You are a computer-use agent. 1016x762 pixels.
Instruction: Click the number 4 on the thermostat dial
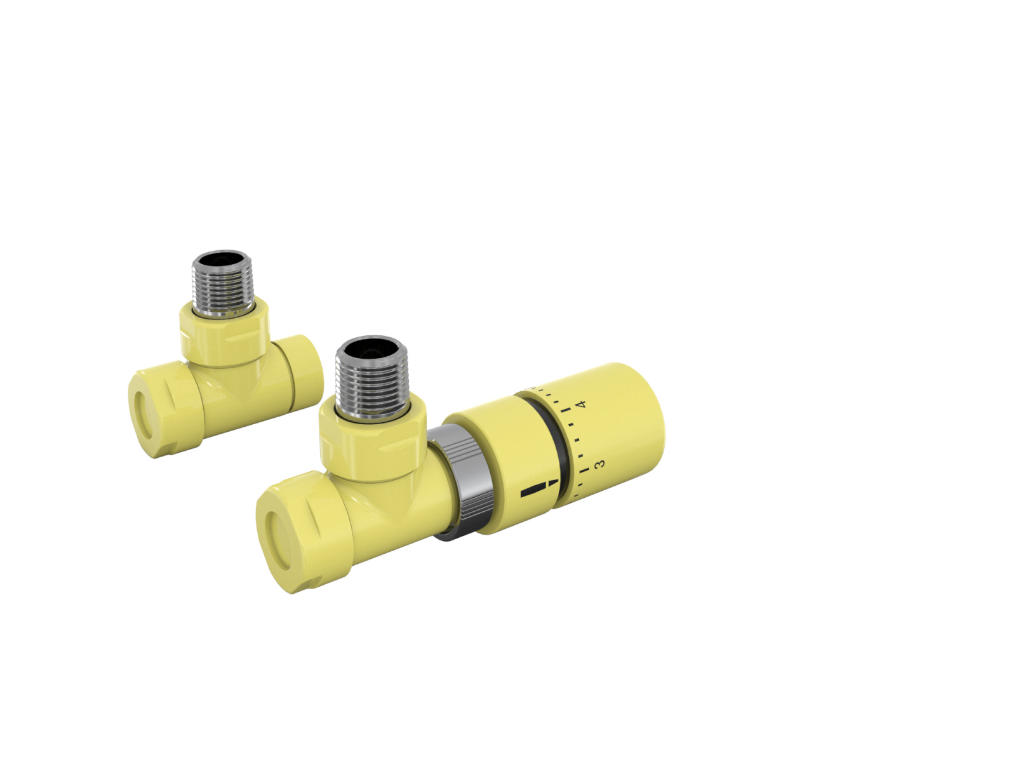coord(579,404)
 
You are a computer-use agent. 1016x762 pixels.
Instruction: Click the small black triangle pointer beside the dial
coord(554,484)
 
